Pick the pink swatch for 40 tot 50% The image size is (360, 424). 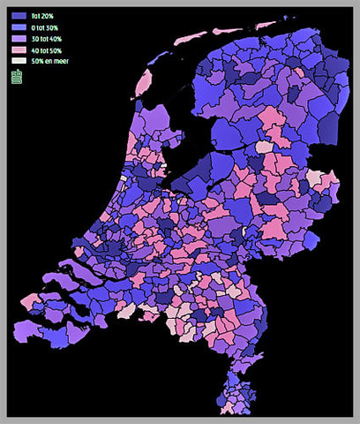(x=19, y=50)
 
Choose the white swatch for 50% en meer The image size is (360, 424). (x=19, y=62)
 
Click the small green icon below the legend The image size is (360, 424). (x=17, y=78)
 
